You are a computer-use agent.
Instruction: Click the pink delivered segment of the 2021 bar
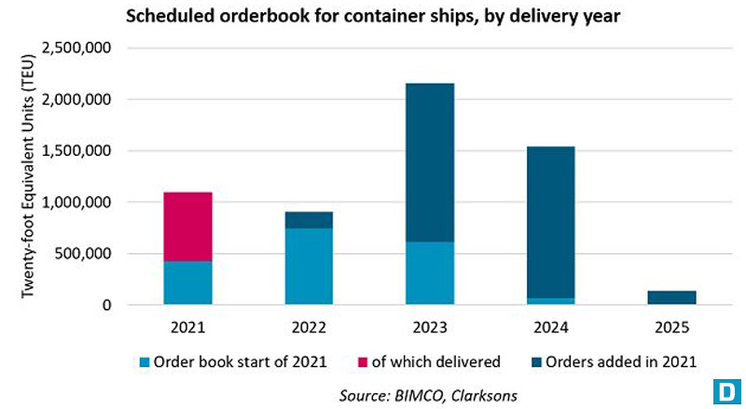tap(187, 226)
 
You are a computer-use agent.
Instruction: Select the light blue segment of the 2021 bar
tap(187, 282)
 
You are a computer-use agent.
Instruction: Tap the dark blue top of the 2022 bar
tap(309, 219)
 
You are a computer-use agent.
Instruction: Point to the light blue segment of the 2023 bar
tap(430, 273)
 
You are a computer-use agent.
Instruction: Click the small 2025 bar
tap(671, 297)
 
